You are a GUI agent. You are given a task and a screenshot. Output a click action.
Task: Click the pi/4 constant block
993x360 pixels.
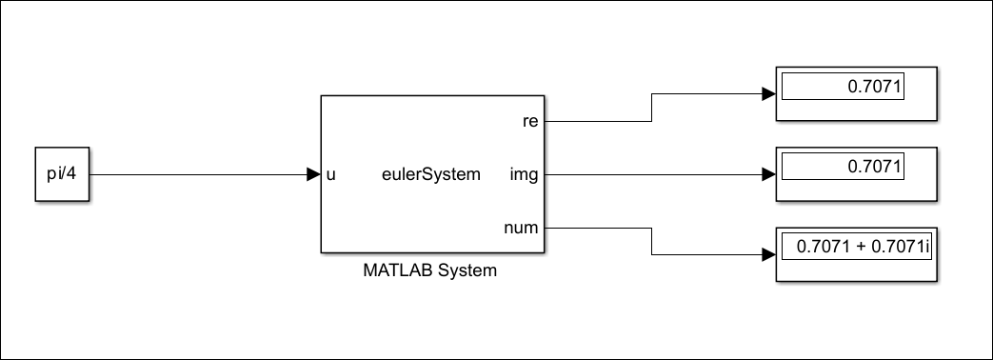pyautogui.click(x=63, y=174)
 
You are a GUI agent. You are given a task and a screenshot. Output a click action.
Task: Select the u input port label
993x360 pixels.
pyautogui.click(x=330, y=174)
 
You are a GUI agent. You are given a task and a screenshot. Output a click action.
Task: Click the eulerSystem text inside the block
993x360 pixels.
pyautogui.click(x=430, y=174)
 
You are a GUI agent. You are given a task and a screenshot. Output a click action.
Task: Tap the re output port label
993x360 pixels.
pyautogui.click(x=531, y=121)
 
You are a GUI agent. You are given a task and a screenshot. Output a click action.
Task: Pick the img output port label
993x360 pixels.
pyautogui.click(x=525, y=174)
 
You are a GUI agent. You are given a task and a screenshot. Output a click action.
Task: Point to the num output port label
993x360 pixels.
pyautogui.click(x=522, y=228)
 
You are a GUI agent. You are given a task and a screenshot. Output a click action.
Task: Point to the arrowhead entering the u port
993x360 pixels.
pyautogui.click(x=313, y=174)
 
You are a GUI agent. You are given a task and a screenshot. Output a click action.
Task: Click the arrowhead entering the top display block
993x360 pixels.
pyautogui.click(x=769, y=94)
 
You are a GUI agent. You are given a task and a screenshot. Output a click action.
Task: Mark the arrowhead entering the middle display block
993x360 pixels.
pyautogui.click(x=769, y=174)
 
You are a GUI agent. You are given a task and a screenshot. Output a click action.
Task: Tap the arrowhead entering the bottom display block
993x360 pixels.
pyautogui.click(x=769, y=255)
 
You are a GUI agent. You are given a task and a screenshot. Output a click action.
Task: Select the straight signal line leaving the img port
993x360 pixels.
pyautogui.click(x=657, y=174)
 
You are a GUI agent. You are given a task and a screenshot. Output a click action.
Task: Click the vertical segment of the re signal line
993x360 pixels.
pyautogui.click(x=651, y=108)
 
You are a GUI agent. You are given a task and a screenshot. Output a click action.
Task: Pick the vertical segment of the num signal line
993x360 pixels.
pyautogui.click(x=651, y=242)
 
